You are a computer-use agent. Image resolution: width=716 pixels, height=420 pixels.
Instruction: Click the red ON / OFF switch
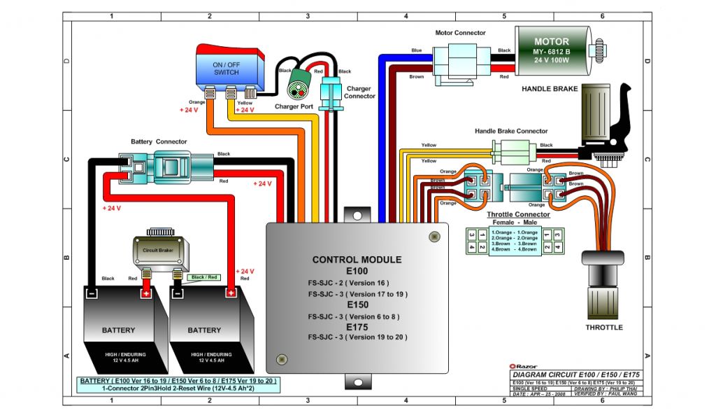pyautogui.click(x=226, y=66)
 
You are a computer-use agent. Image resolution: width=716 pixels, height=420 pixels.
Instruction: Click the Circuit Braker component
pyautogui.click(x=160, y=250)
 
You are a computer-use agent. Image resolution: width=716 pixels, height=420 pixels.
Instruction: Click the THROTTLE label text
pyautogui.click(x=604, y=327)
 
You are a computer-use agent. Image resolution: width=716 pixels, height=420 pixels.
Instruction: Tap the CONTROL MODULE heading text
pyautogui.click(x=357, y=260)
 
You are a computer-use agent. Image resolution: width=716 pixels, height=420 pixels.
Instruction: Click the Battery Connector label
pyautogui.click(x=159, y=142)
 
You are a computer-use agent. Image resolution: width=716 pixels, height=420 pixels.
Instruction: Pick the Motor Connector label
pyautogui.click(x=460, y=33)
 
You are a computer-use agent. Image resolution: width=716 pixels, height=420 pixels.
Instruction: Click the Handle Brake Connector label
pyautogui.click(x=511, y=131)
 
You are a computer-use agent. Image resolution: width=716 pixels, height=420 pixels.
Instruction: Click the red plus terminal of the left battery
pyautogui.click(x=147, y=293)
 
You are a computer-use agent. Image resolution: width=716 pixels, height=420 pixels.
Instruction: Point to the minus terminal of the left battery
pyautogui.click(x=92, y=293)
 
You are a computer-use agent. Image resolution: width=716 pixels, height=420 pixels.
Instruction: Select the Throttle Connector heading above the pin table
pyautogui.click(x=517, y=214)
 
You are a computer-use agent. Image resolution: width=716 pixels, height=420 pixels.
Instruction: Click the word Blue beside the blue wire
pyautogui.click(x=416, y=50)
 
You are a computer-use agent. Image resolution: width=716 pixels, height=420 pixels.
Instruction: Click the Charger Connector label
pyautogui.click(x=359, y=92)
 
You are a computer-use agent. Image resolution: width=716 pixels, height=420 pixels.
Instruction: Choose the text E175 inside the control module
pyautogui.click(x=357, y=326)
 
